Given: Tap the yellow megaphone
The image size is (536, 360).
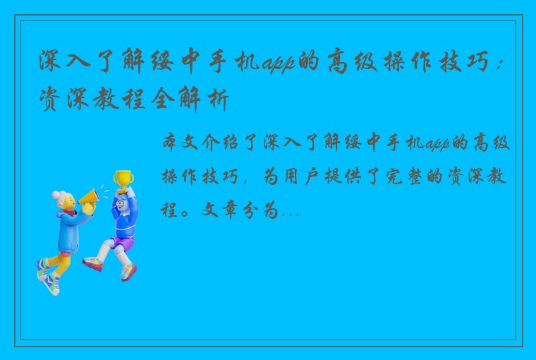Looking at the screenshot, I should pyautogui.click(x=87, y=198).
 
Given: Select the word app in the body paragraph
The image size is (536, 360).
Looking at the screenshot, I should pyautogui.click(x=436, y=144).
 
